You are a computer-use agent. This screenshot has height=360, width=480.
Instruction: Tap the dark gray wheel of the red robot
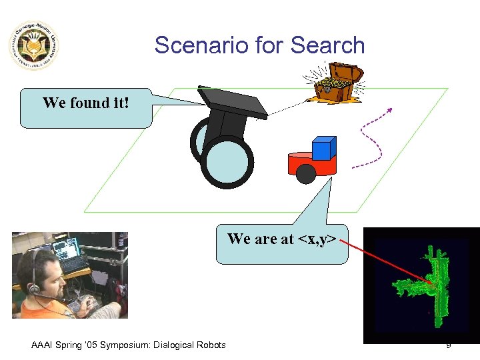click(305, 173)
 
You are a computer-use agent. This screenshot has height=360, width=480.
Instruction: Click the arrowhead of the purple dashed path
click(389, 111)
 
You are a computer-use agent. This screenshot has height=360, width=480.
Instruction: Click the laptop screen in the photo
click(67, 251)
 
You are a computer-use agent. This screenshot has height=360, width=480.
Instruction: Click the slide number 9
click(449, 345)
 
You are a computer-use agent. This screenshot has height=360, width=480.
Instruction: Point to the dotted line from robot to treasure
click(287, 107)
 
